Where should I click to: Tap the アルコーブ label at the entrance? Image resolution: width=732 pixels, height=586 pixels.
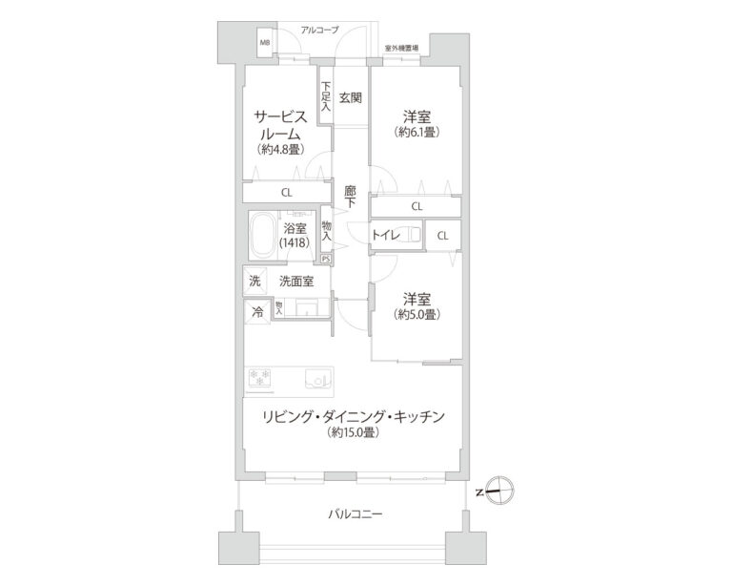click(319, 31)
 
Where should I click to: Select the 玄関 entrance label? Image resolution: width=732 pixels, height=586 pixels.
click(350, 97)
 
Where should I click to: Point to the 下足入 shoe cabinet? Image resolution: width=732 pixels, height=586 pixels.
click(325, 98)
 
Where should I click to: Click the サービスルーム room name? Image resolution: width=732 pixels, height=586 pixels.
click(279, 125)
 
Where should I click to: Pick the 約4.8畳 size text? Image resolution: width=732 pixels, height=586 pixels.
click(279, 150)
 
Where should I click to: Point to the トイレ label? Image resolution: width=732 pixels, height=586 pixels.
click(385, 234)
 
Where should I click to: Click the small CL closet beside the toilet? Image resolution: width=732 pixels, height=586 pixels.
click(442, 234)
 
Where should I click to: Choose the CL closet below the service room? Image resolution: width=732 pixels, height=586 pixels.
click(286, 192)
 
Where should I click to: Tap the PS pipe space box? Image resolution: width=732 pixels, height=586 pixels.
click(326, 259)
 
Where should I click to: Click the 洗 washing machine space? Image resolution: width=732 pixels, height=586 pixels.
click(254, 281)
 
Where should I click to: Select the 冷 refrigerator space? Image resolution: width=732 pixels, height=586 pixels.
click(256, 311)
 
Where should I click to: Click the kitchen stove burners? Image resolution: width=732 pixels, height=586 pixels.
click(259, 380)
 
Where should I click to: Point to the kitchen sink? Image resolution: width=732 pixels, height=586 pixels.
click(316, 380)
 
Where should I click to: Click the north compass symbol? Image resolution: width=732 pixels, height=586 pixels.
click(500, 492)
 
